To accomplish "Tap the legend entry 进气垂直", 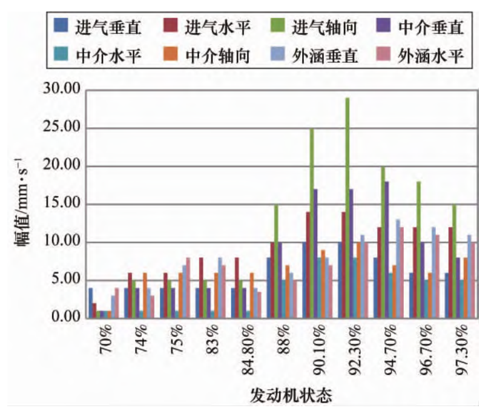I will click(x=91, y=27).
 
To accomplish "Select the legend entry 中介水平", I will click(x=91, y=55).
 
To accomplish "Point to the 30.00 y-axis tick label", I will click(x=61, y=90).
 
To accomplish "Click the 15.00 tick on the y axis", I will click(x=61, y=204).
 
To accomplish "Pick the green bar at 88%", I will click(x=276, y=261).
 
